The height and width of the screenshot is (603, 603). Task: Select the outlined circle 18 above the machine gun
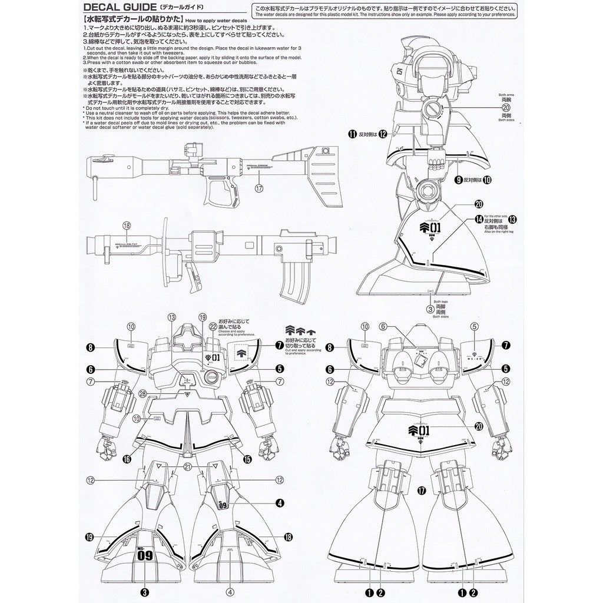(125, 225)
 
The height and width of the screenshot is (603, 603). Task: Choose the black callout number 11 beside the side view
(353, 134)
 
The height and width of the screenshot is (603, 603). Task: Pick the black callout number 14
(478, 219)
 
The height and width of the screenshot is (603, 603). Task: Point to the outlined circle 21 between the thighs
(187, 466)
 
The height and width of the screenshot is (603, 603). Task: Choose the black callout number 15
(247, 458)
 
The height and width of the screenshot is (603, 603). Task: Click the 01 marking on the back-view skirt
(422, 430)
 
